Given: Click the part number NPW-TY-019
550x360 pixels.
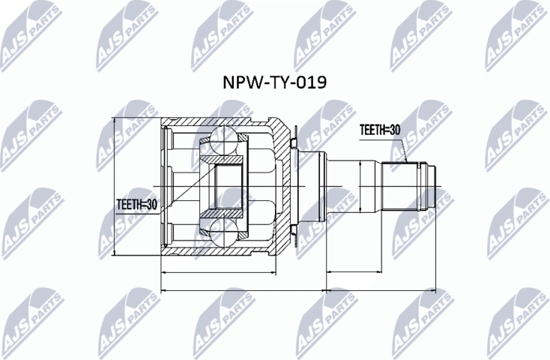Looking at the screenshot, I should pyautogui.click(x=274, y=82).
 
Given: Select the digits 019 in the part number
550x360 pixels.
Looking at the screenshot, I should pyautogui.click(x=309, y=82).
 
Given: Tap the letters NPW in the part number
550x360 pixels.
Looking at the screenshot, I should pyautogui.click(x=238, y=82).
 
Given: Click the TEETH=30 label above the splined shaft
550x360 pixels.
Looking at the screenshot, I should pyautogui.click(x=380, y=130).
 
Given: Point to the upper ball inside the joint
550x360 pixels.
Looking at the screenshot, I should pyautogui.click(x=223, y=140).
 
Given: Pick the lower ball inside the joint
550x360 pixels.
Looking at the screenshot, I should pyautogui.click(x=223, y=231).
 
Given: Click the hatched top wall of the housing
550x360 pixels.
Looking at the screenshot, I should pyautogui.click(x=217, y=122).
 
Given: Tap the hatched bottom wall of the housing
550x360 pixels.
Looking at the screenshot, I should pyautogui.click(x=217, y=250).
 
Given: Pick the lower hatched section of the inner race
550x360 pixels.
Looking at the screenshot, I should pyautogui.click(x=224, y=214).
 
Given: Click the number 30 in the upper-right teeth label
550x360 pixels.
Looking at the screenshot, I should pyautogui.click(x=394, y=130).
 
